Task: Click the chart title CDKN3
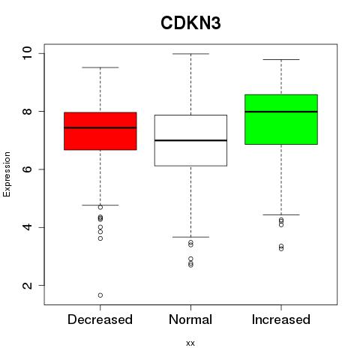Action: coord(190,23)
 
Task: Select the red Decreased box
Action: coord(100,131)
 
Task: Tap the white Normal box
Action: coord(190,140)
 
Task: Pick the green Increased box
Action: coord(281,119)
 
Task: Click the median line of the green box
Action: coord(281,112)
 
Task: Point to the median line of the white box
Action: coord(190,140)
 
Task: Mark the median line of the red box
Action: coord(100,127)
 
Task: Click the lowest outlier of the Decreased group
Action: coord(100,295)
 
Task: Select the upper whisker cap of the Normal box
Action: coord(190,54)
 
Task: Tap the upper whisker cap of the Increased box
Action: coord(281,60)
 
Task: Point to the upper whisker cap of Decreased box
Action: coord(100,67)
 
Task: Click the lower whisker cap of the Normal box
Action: coord(190,237)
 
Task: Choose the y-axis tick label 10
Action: coord(27,53)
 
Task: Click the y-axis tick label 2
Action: coord(27,286)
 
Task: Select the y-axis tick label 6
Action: coord(27,169)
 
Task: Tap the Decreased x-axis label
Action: coord(100,319)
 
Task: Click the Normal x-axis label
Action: coord(190,319)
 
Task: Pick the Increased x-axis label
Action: coord(281,319)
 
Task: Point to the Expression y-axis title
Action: coord(7,174)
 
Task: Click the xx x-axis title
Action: coord(190,343)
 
